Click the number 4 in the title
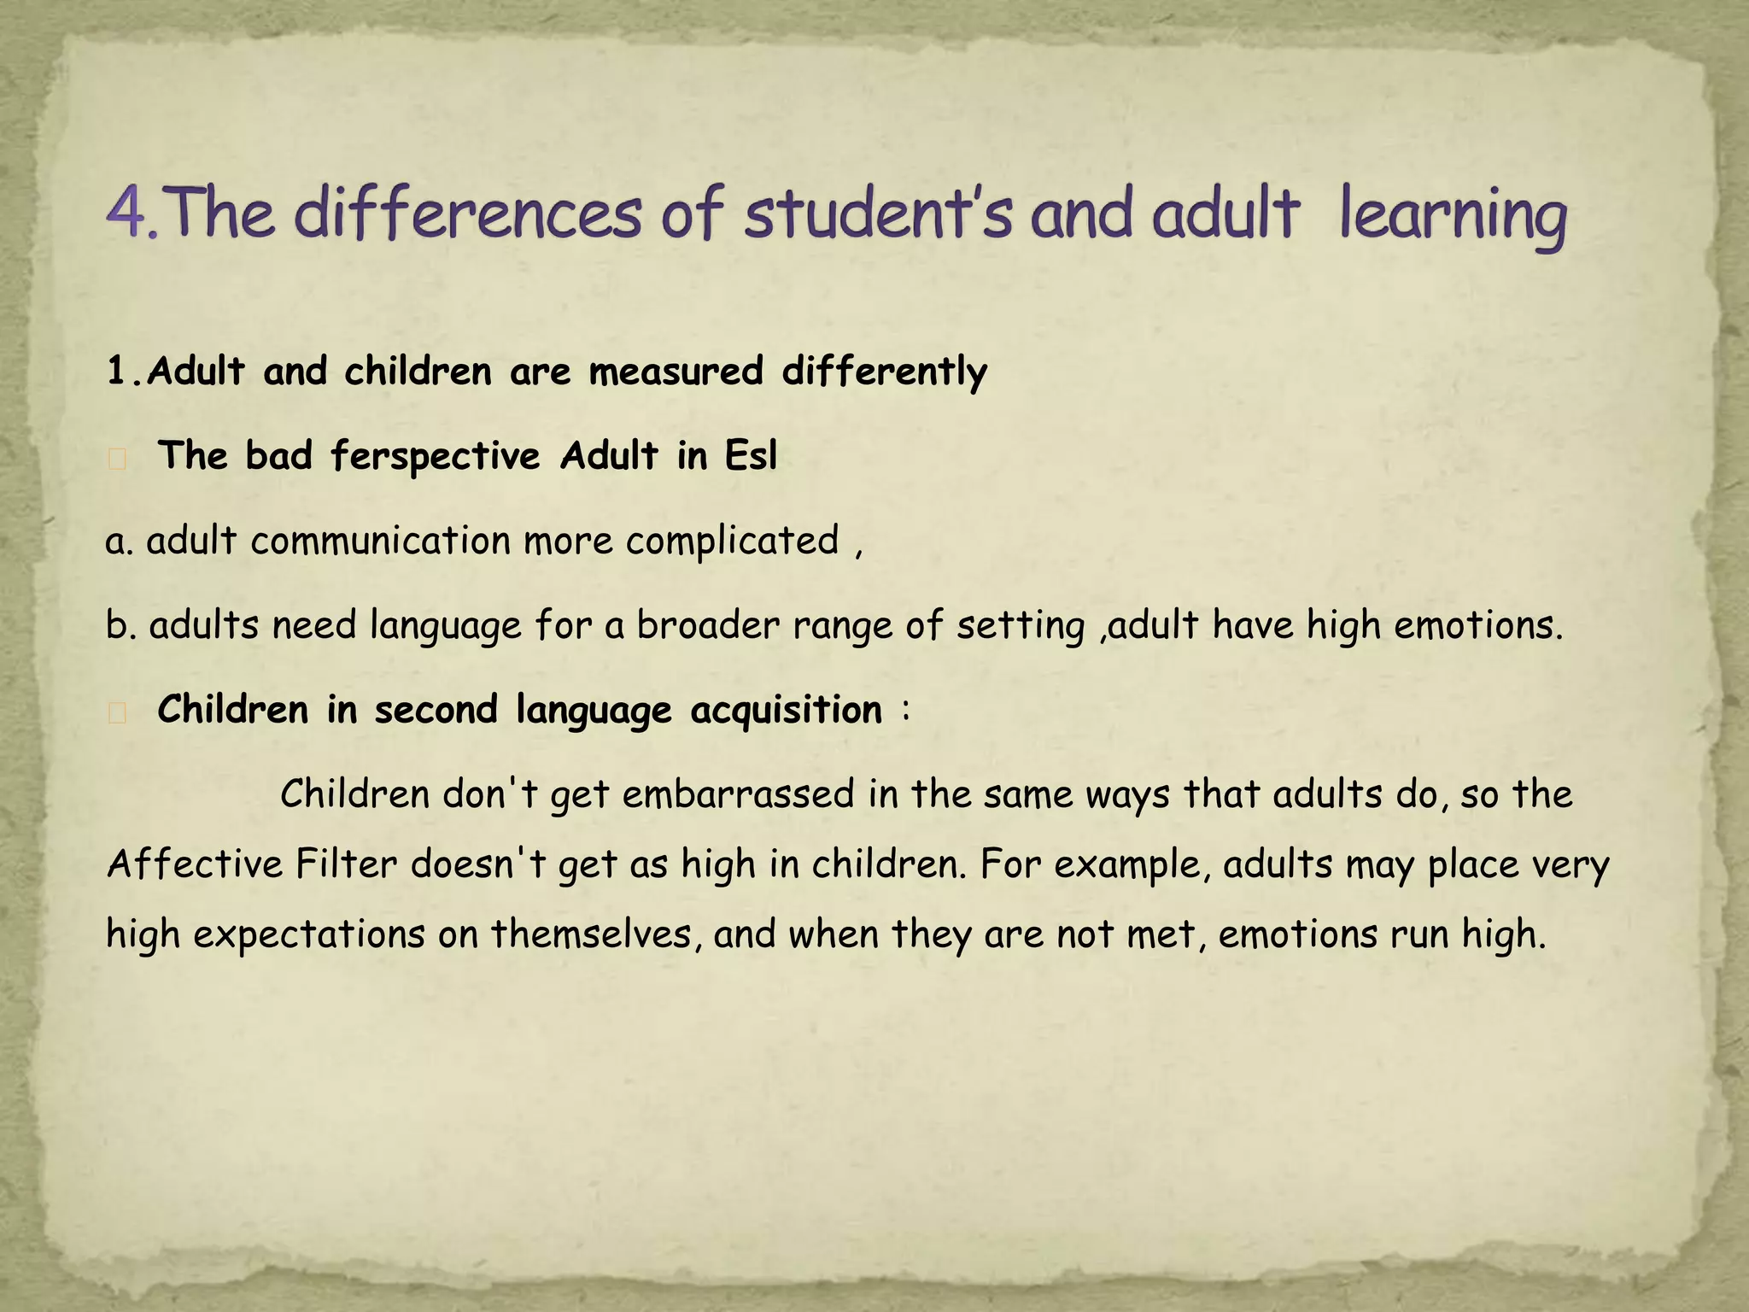pos(128,214)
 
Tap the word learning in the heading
pos(1453,215)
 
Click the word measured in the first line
pos(676,372)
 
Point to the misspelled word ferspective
pos(435,455)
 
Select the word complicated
pos(732,542)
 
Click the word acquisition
pos(786,710)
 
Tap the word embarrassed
pos(738,794)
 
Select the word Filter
pos(347,864)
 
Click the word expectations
pos(308,934)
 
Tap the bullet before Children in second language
pos(118,714)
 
